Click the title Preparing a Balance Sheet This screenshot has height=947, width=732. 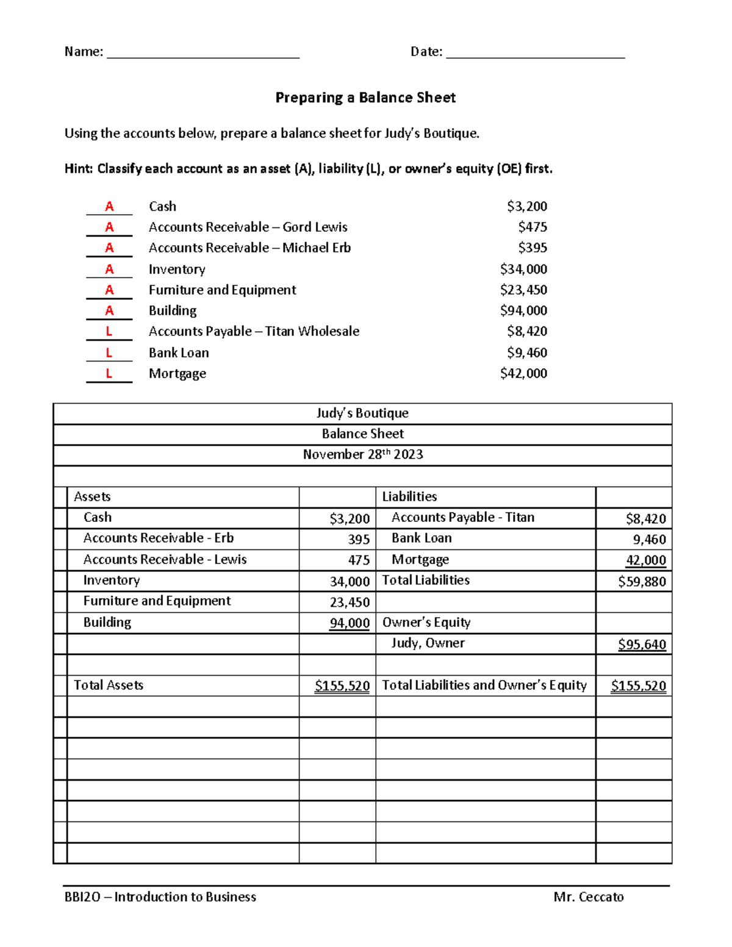click(x=365, y=98)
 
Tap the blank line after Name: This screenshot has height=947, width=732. click(x=203, y=54)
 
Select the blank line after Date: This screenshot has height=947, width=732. click(x=535, y=54)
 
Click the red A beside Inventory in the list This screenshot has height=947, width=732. click(x=109, y=269)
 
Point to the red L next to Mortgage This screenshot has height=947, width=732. click(x=109, y=373)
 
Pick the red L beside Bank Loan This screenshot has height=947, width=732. click(x=109, y=352)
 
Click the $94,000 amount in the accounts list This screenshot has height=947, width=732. click(x=523, y=310)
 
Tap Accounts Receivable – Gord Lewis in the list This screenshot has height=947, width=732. click(x=248, y=227)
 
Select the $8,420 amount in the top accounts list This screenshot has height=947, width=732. click(x=526, y=331)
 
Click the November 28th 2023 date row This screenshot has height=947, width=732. click(x=363, y=454)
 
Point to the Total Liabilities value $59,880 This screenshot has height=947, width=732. click(x=642, y=582)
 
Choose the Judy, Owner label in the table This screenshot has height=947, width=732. click(x=428, y=643)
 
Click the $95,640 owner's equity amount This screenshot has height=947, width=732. click(x=642, y=645)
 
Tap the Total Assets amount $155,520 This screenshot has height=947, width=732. click(x=342, y=686)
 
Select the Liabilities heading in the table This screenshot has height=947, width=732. click(x=409, y=496)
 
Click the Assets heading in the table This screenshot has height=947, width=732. click(x=92, y=496)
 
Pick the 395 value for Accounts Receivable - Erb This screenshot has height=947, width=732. click(x=359, y=540)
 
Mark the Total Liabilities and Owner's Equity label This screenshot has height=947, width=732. click(x=484, y=685)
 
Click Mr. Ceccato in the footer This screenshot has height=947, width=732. click(x=588, y=897)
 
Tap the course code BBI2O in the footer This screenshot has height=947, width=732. click(x=82, y=897)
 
